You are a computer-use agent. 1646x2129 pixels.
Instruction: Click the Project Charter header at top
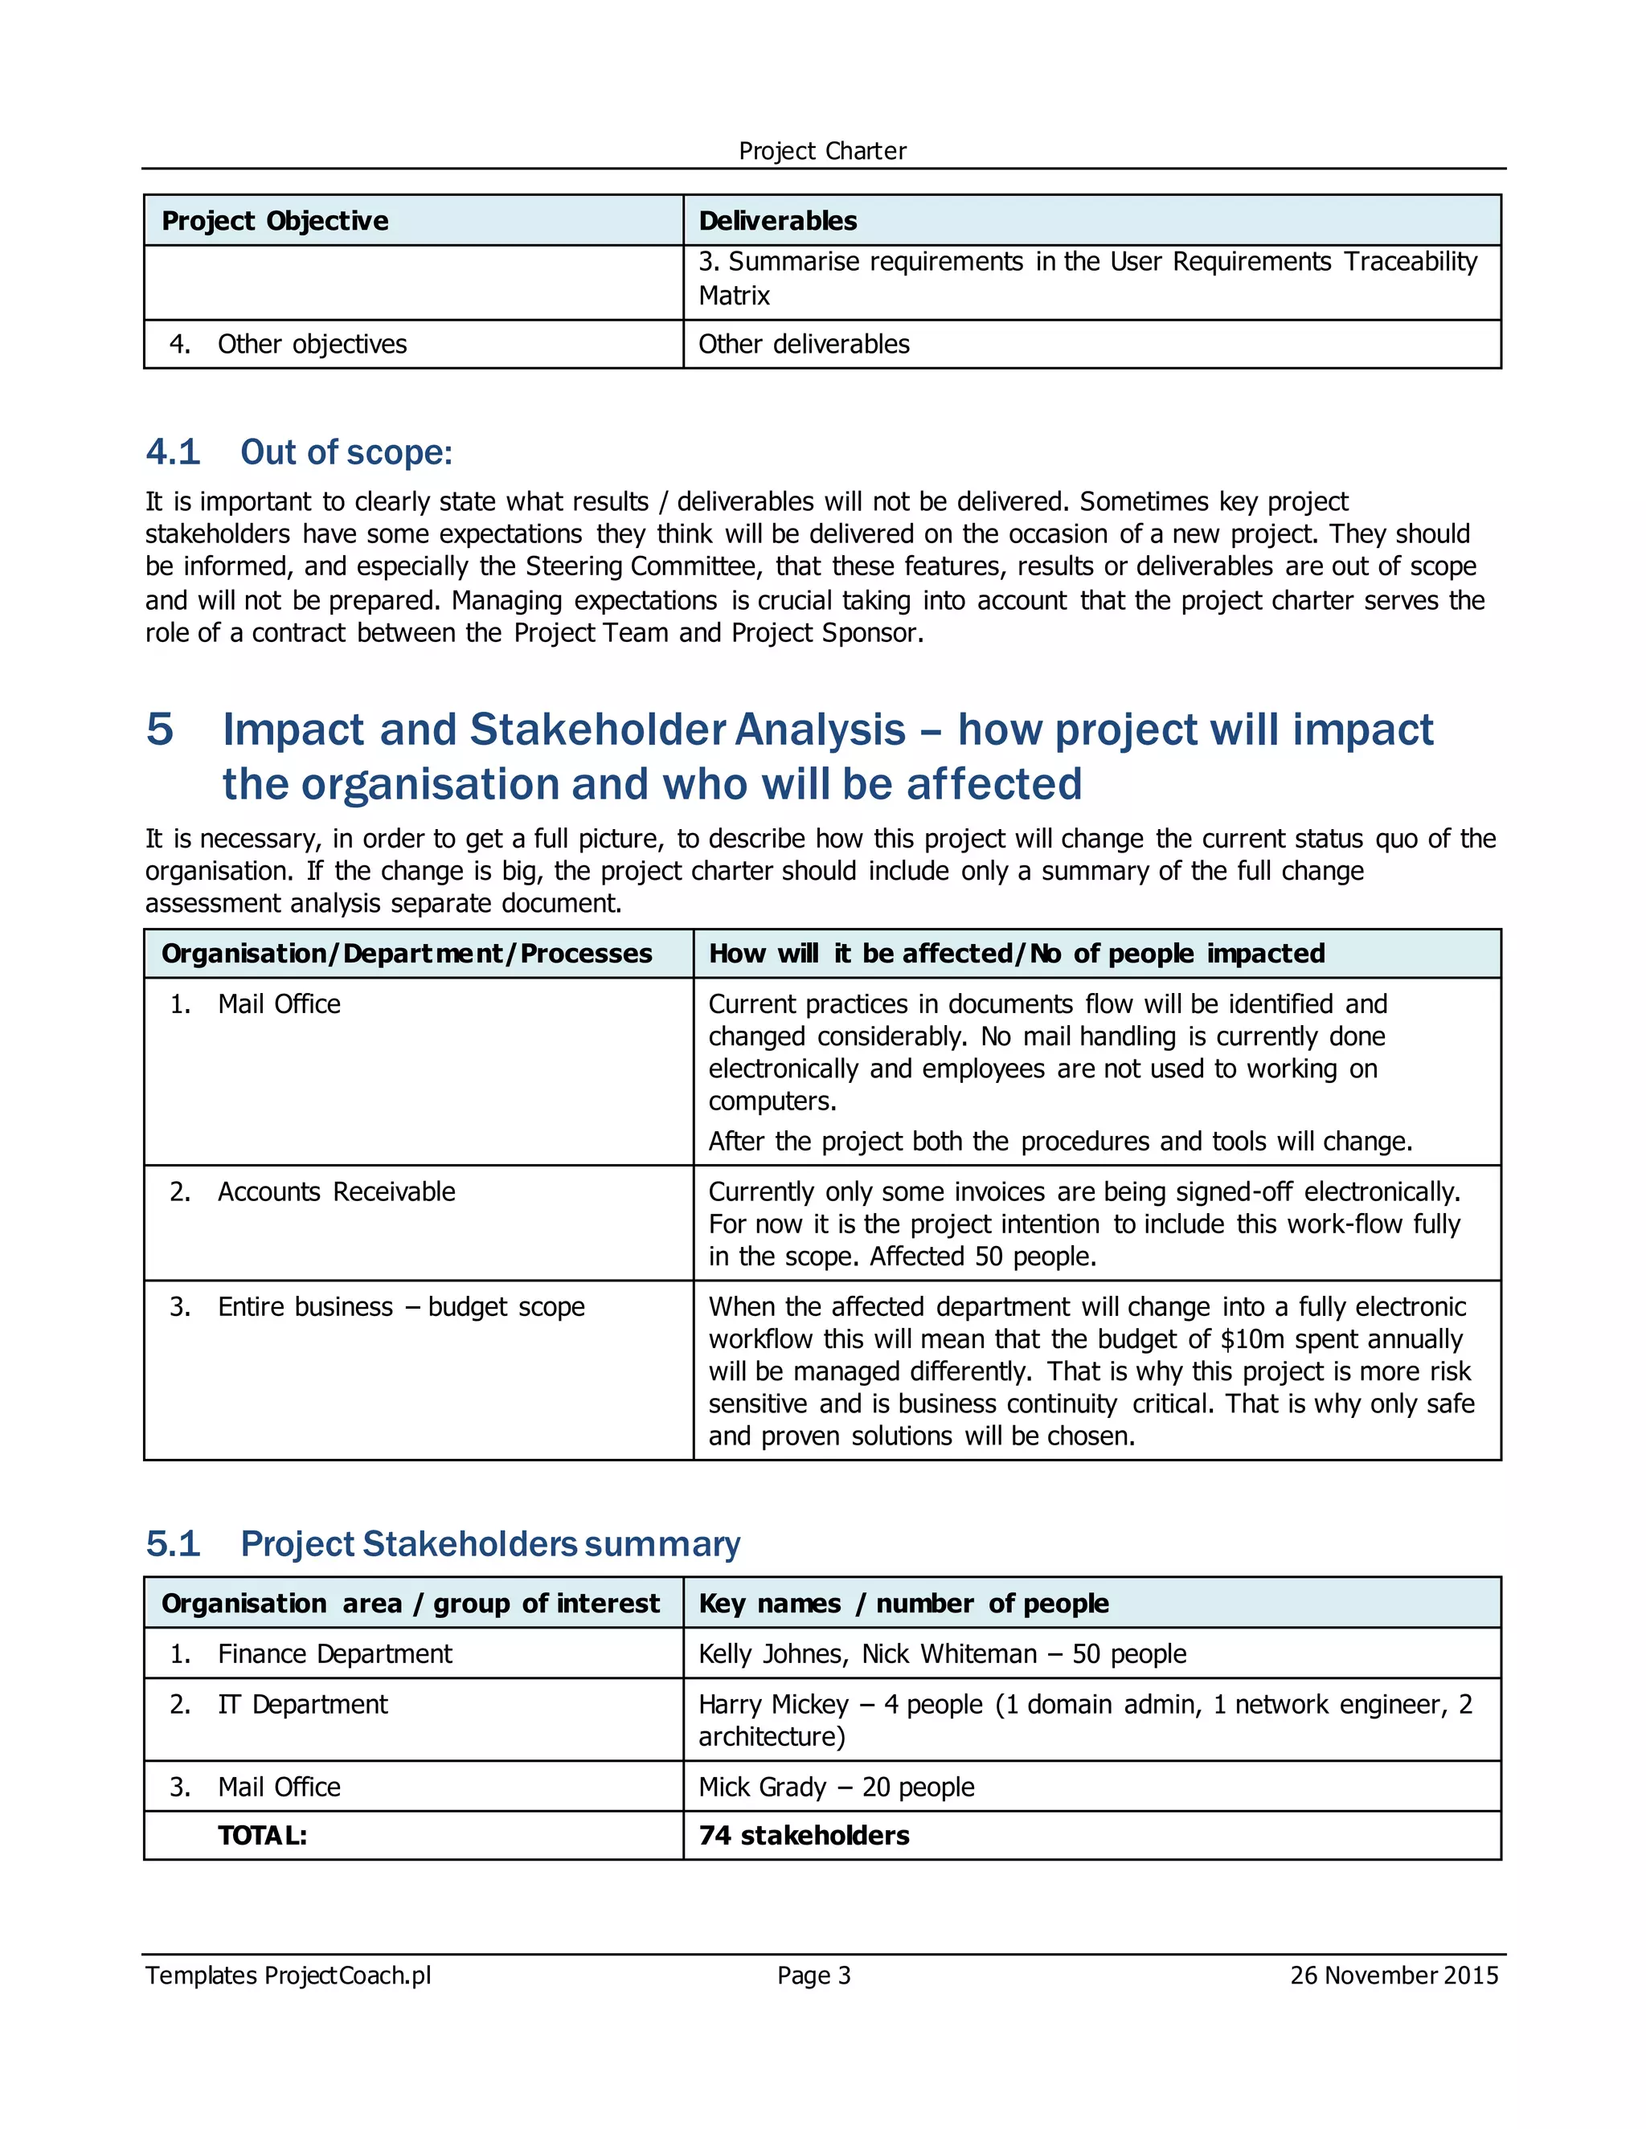[822, 151]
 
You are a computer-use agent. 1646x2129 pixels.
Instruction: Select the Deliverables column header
[777, 221]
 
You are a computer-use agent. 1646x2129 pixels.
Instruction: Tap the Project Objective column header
[275, 221]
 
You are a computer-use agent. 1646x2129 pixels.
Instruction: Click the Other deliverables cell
[804, 344]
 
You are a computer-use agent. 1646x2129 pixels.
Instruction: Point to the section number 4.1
[173, 452]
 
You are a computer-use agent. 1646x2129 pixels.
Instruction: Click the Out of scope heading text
[346, 452]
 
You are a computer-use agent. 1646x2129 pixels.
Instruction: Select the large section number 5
[160, 729]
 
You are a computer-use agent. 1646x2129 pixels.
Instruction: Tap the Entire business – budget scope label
[401, 1306]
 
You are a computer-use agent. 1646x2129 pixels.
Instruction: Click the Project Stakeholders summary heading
[490, 1544]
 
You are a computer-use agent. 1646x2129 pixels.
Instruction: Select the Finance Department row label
[334, 1654]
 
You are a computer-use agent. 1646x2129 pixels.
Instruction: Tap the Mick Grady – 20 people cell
[836, 1787]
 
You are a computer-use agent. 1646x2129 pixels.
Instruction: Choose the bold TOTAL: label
[262, 1836]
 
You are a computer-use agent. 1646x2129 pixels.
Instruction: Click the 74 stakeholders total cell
[804, 1836]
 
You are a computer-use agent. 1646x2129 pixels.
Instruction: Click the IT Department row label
[302, 1704]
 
